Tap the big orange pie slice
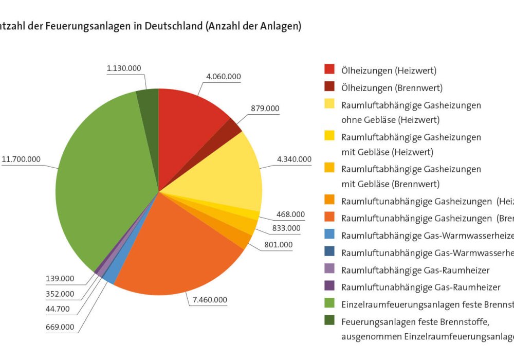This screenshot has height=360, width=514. point(175,247)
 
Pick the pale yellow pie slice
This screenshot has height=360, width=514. point(231,175)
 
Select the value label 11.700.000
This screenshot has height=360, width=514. point(21,159)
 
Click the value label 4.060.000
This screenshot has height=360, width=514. point(223,77)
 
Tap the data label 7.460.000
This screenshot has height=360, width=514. point(209,300)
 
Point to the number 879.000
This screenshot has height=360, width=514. point(265,109)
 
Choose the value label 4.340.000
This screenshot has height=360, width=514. point(294,159)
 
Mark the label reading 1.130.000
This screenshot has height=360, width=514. point(124,68)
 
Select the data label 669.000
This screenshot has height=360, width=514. point(60,327)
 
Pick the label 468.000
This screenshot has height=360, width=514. point(290,214)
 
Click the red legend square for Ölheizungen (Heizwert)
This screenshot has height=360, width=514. point(329,69)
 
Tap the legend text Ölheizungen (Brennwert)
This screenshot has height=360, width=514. point(392,88)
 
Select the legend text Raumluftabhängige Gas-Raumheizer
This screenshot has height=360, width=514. point(415,270)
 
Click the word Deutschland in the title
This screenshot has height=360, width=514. point(173,26)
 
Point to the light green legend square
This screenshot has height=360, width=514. point(329,304)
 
